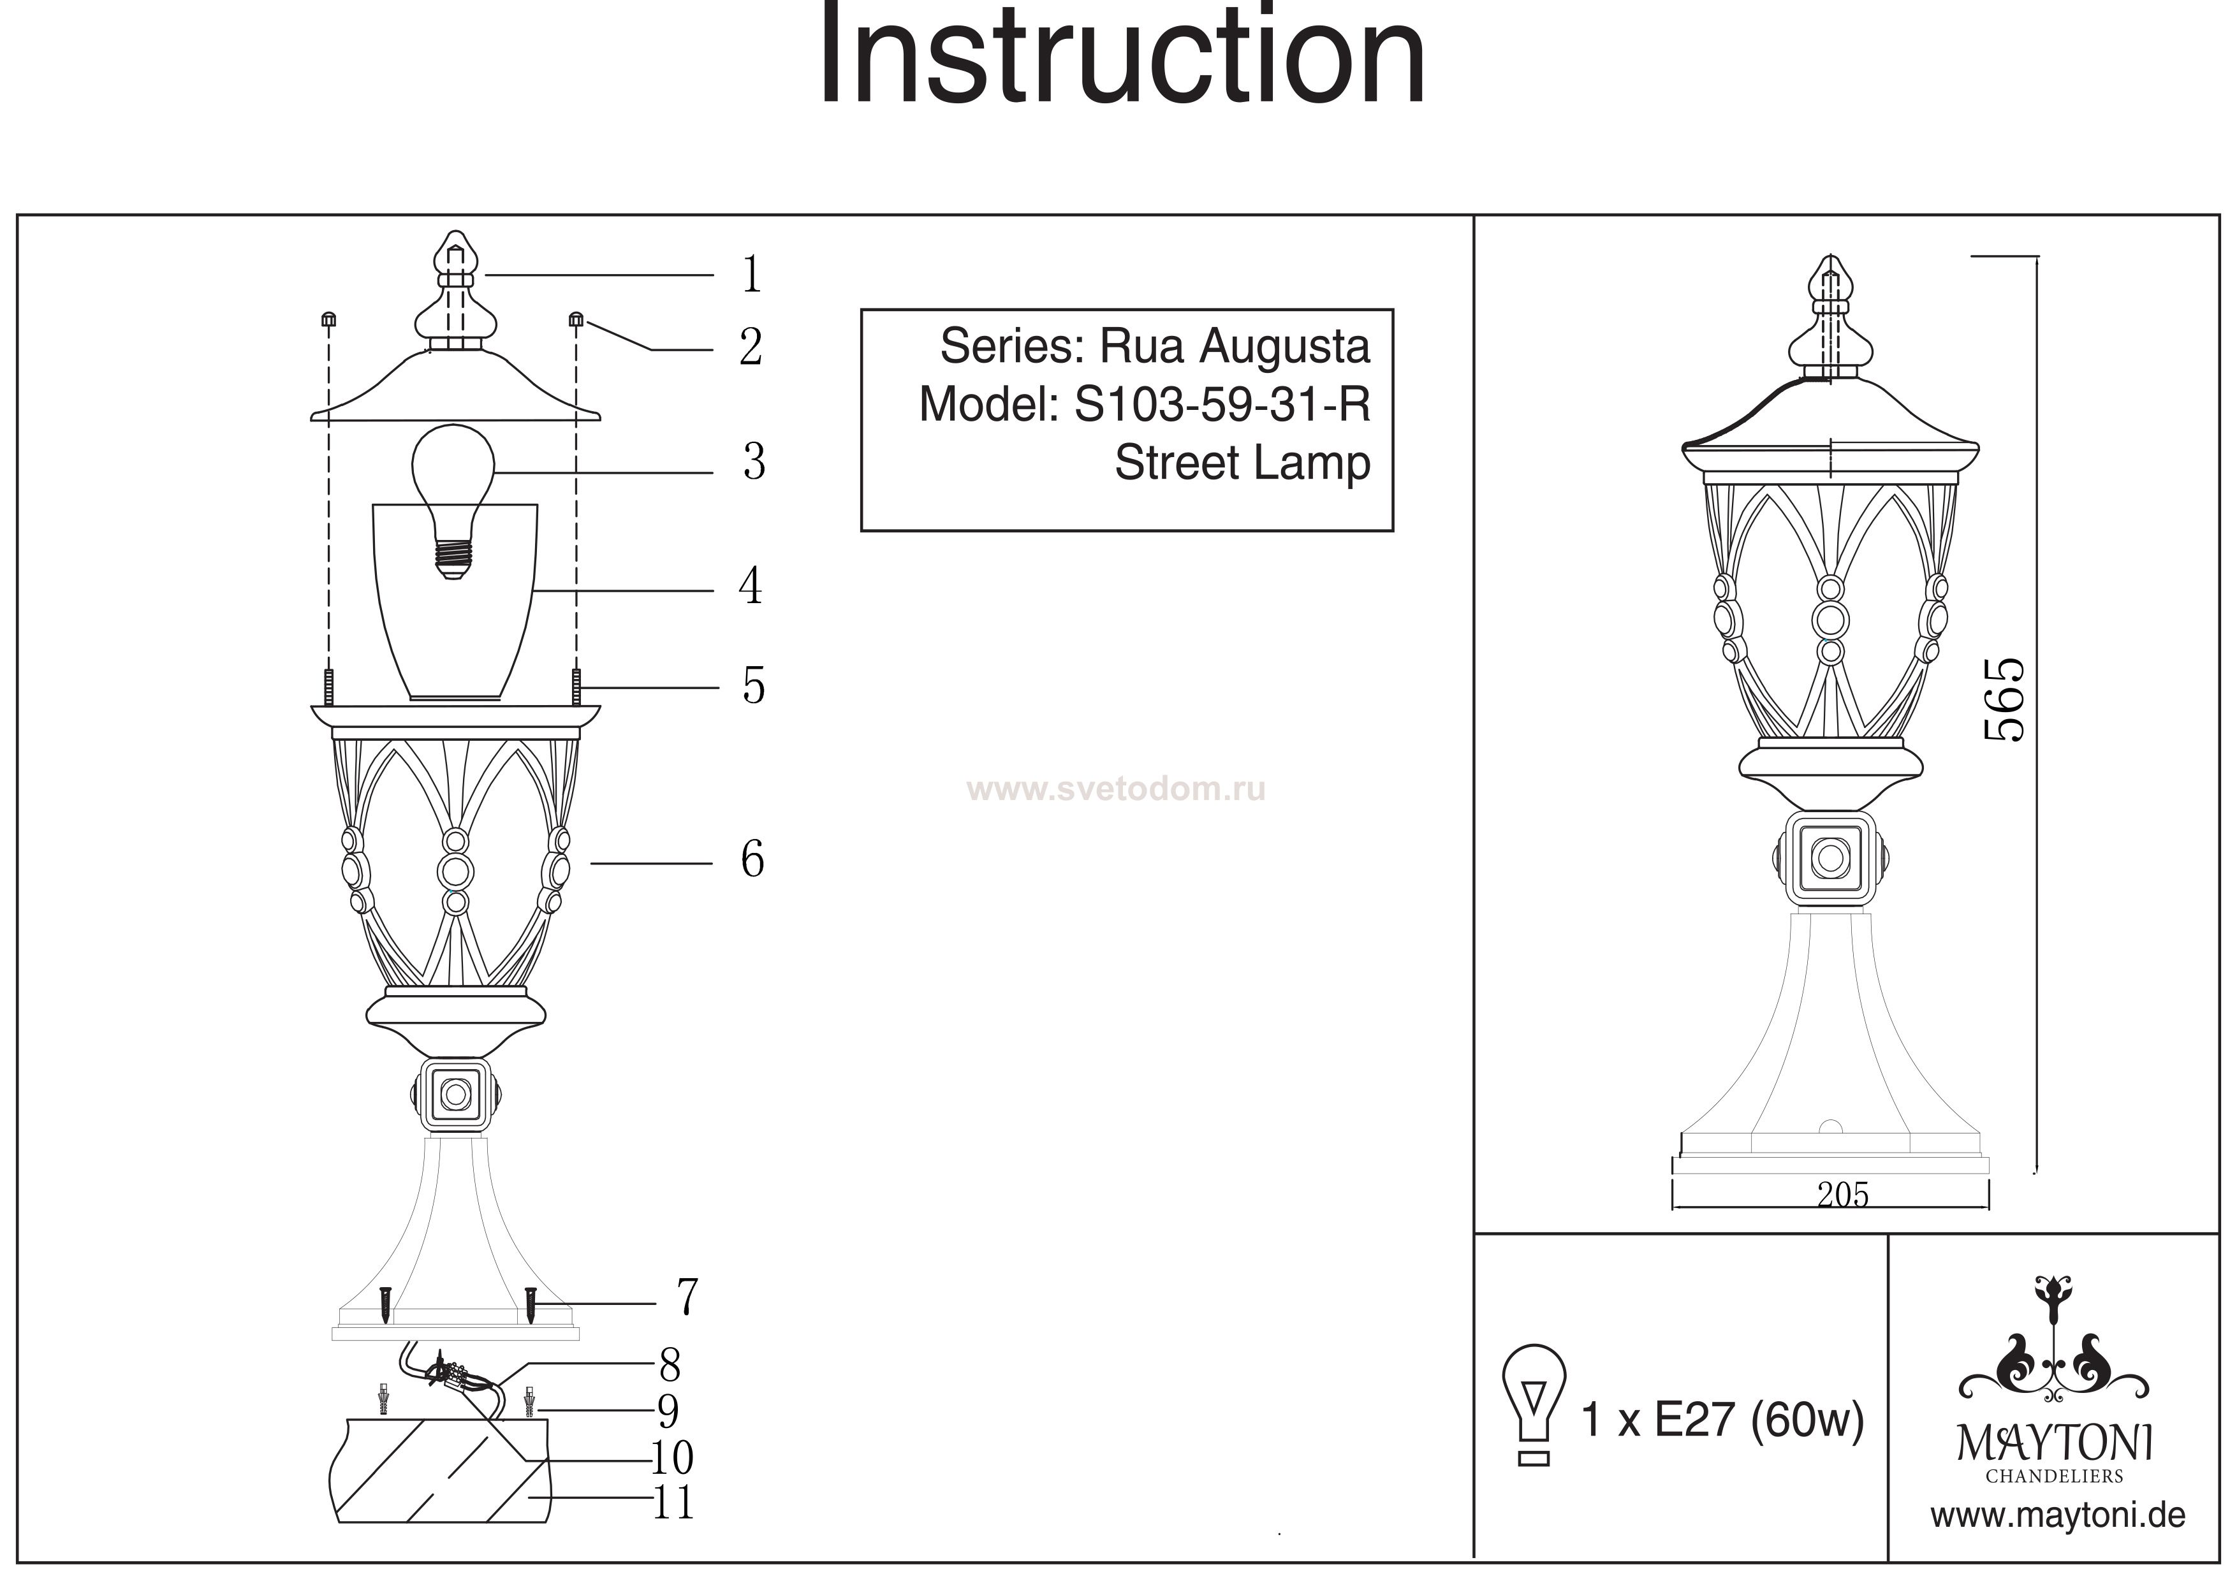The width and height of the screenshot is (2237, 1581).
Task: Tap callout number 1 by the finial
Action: coord(750,275)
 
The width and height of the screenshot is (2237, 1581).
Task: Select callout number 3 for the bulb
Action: coord(753,462)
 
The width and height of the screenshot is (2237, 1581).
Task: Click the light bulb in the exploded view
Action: coord(453,497)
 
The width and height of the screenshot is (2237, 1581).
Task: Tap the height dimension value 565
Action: coord(2004,701)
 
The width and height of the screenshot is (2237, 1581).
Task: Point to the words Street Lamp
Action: coord(1242,463)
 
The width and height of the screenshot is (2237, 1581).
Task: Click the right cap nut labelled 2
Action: coord(576,319)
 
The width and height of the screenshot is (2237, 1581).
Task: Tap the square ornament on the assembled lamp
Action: coord(1830,858)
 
